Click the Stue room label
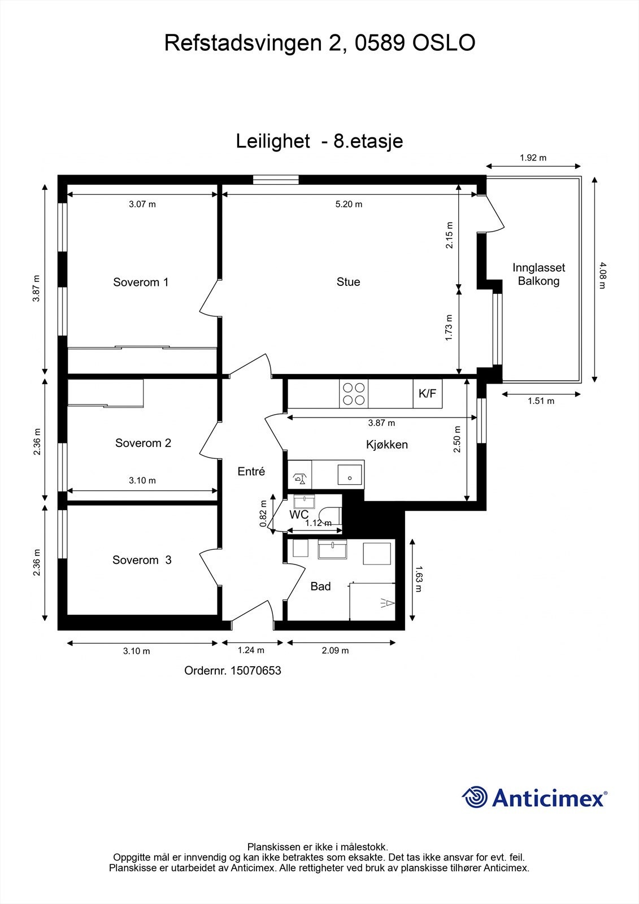pos(348,282)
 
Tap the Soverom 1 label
pos(141,282)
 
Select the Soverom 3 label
pos(142,560)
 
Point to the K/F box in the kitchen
pos(427,393)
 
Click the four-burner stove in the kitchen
pos(354,393)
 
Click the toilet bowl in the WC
pos(329,515)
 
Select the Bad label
pos(320,586)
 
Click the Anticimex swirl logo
pos(475,797)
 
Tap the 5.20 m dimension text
pos(349,204)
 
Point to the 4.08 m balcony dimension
pos(602,275)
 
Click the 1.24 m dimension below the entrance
pos(251,650)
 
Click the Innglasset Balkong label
pos(538,274)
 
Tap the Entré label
pos(251,471)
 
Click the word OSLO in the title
pos(444,43)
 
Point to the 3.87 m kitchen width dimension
pos(381,423)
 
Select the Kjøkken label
pos(387,445)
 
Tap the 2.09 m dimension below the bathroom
pos(335,650)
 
